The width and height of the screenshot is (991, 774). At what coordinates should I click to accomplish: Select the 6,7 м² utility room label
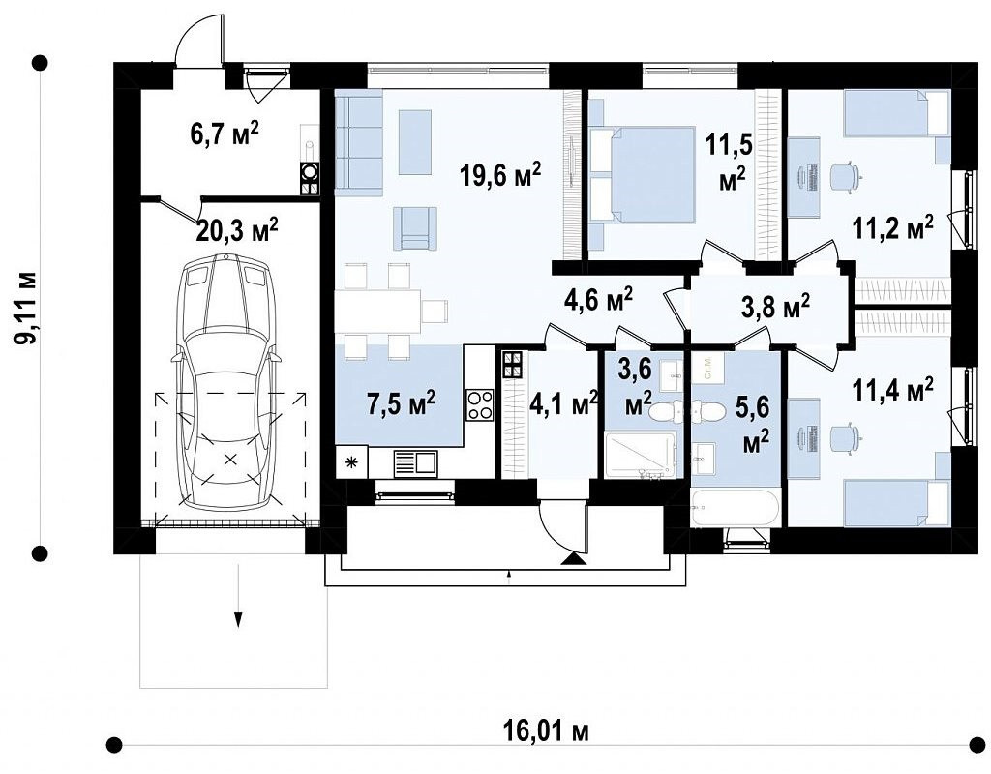[225, 134]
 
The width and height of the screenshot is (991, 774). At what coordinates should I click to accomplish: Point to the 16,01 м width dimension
[547, 731]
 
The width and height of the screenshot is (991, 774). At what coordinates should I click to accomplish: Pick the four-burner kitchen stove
[480, 405]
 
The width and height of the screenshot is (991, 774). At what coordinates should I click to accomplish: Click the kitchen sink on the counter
[414, 463]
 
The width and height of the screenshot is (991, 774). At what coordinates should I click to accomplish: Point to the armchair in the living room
[414, 228]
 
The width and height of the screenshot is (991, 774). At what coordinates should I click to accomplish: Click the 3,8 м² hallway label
[775, 307]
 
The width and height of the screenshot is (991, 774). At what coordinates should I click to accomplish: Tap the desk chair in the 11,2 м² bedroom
[845, 176]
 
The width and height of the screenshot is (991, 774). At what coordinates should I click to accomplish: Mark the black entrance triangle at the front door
[572, 558]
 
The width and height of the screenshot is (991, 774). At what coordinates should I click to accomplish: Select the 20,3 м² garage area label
[237, 230]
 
